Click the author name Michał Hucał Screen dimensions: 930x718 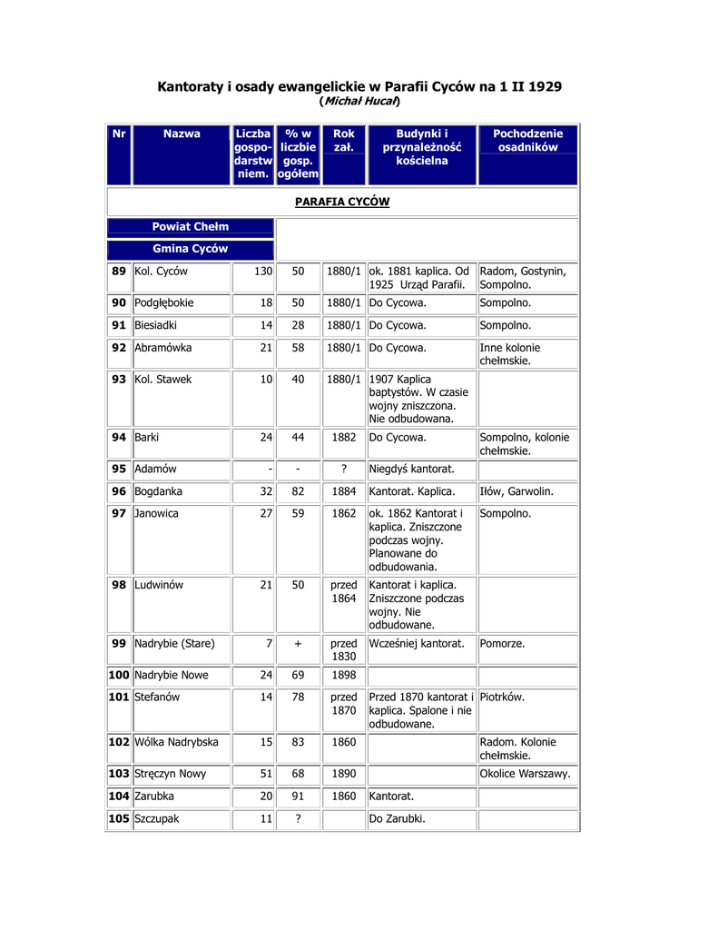tap(360, 101)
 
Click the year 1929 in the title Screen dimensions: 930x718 tap(541, 86)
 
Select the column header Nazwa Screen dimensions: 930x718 tap(182, 134)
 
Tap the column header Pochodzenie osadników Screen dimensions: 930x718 tap(527, 140)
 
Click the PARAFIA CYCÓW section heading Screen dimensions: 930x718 tap(342, 202)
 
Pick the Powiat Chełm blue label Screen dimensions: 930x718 tap(190, 226)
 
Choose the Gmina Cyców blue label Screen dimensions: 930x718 tap(190, 248)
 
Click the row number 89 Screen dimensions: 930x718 tap(119, 271)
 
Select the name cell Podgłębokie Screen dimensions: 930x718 tap(164, 302)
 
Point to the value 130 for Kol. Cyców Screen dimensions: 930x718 tap(262, 271)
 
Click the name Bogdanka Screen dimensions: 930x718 tap(159, 491)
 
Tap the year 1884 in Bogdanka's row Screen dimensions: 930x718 tap(344, 491)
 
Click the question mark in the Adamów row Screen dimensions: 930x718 tap(344, 469)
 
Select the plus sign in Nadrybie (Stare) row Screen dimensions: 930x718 tap(298, 643)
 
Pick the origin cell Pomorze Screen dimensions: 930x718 tap(502, 643)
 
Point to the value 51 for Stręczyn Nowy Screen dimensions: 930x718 tap(266, 774)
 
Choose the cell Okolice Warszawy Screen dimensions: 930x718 tap(526, 774)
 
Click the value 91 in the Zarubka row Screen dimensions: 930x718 tap(298, 796)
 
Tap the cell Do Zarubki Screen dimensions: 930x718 tap(398, 818)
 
